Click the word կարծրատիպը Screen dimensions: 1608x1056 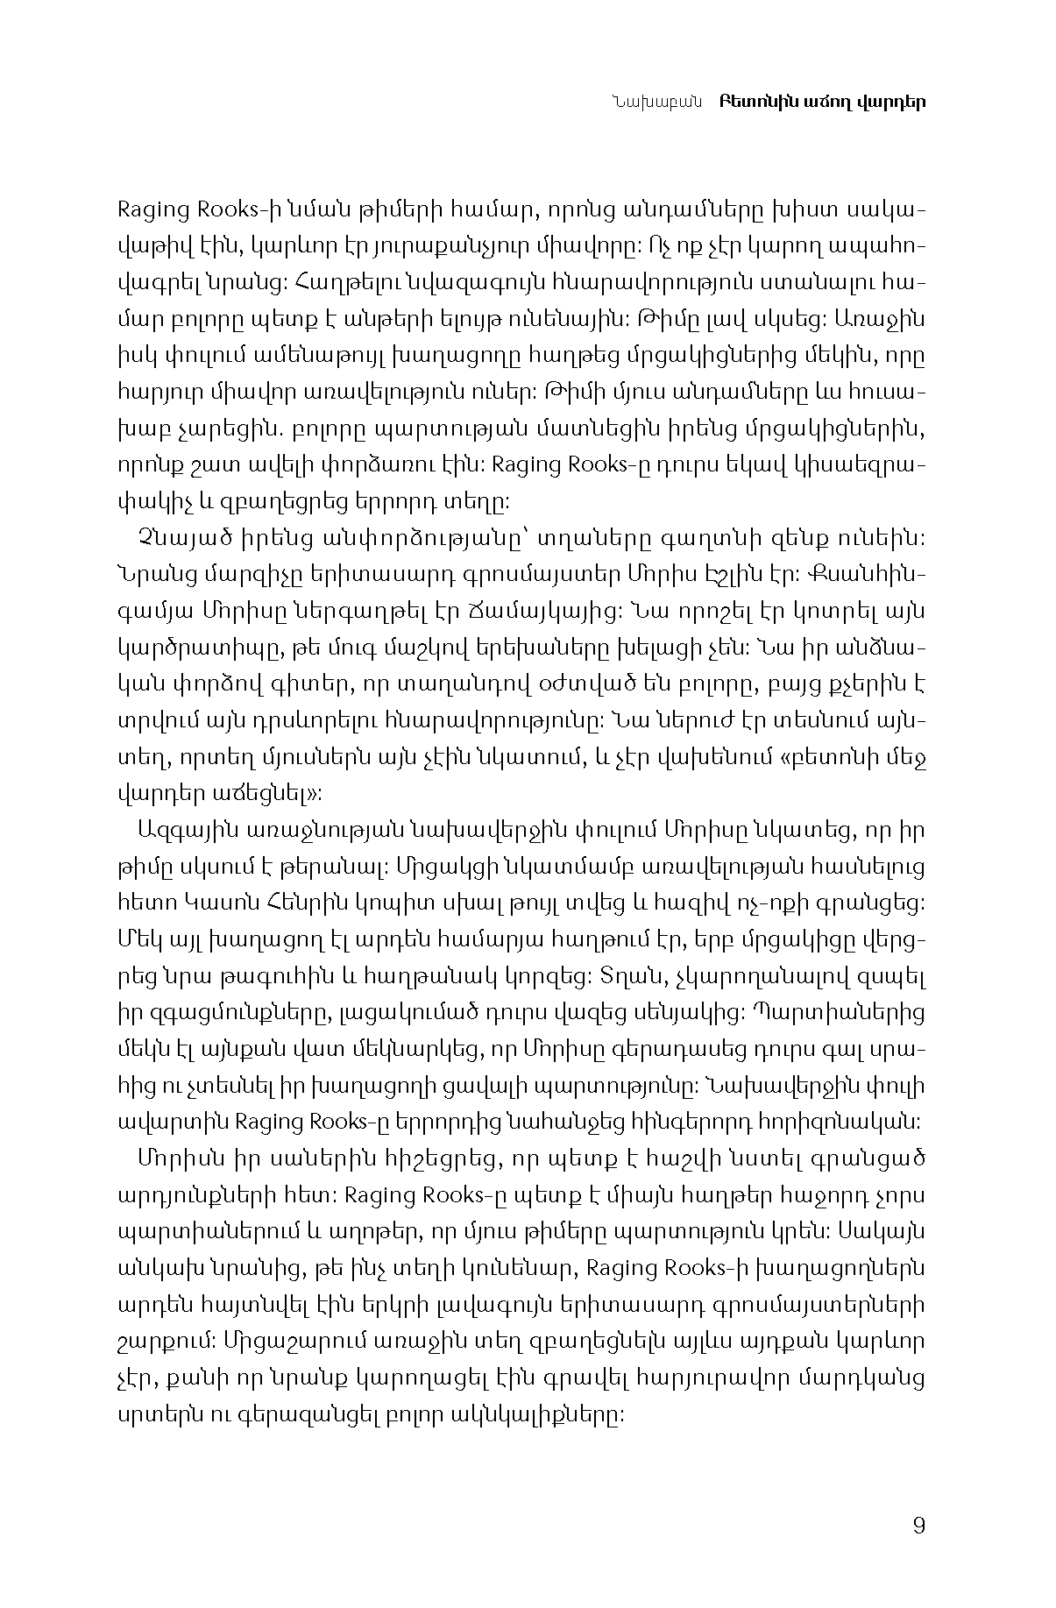click(188, 648)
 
